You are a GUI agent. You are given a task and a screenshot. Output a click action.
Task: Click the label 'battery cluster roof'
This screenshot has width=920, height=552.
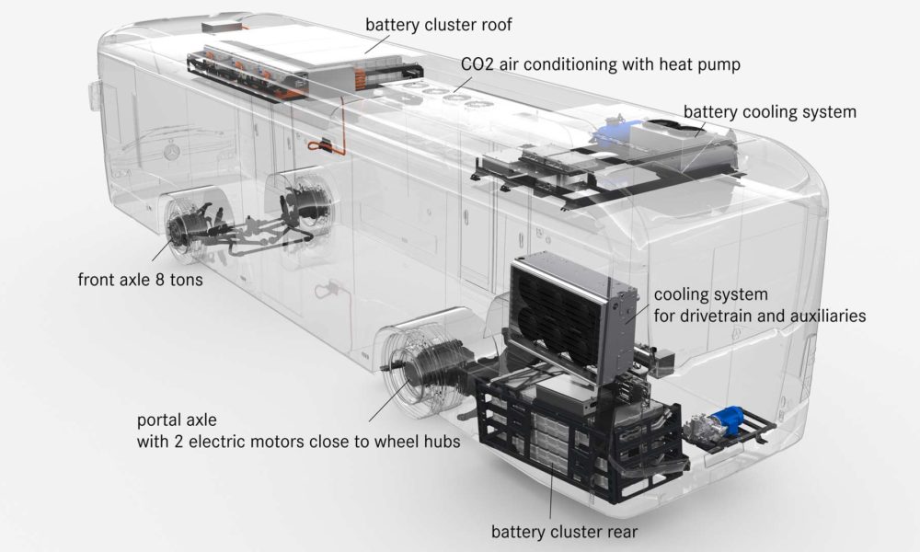click(438, 25)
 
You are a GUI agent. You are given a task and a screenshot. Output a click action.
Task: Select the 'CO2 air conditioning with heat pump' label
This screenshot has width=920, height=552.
click(600, 64)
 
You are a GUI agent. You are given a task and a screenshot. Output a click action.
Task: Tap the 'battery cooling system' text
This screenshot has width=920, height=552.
click(770, 111)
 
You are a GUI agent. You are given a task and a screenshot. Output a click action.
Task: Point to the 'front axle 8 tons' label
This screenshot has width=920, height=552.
click(140, 280)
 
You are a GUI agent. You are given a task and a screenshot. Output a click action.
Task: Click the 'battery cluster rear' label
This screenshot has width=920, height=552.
click(564, 532)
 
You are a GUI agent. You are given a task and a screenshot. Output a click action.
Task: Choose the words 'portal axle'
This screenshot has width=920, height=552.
click(177, 420)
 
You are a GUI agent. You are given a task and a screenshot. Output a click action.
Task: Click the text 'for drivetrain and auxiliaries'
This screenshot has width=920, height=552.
click(760, 316)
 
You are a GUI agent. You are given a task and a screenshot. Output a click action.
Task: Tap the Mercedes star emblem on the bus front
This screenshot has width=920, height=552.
click(171, 151)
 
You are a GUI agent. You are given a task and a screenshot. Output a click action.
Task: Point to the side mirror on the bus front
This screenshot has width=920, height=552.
click(95, 97)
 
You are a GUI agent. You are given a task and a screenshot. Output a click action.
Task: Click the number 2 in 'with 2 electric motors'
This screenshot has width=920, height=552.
click(178, 441)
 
